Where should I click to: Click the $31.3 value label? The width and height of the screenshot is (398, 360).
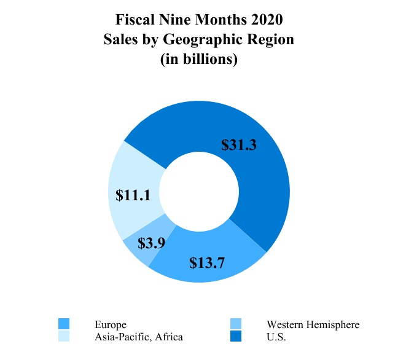pyautogui.click(x=238, y=145)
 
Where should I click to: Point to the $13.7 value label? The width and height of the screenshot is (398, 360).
pyautogui.click(x=207, y=263)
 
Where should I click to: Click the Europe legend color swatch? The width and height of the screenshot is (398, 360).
pyautogui.click(x=64, y=324)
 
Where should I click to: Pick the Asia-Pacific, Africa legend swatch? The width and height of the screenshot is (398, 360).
pyautogui.click(x=64, y=336)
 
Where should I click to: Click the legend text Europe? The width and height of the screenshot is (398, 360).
pyautogui.click(x=111, y=324)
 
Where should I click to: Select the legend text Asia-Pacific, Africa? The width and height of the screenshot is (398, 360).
pyautogui.click(x=139, y=337)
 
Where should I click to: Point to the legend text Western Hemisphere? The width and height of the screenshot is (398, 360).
pyautogui.click(x=313, y=324)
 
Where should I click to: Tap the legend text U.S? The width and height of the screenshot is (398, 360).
pyautogui.click(x=276, y=337)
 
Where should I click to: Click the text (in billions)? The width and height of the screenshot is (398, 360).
pyautogui.click(x=199, y=60)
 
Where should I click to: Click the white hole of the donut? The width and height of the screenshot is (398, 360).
pyautogui.click(x=198, y=191)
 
